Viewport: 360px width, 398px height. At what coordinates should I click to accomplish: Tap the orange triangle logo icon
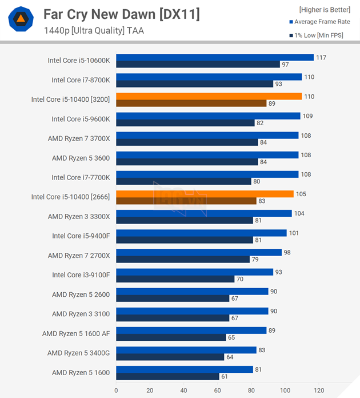tap(21, 19)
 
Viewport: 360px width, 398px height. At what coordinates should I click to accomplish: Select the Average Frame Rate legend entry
tap(322, 22)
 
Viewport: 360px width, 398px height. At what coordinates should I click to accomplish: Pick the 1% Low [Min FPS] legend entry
tap(322, 35)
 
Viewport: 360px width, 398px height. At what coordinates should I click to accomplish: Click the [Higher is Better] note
tap(324, 10)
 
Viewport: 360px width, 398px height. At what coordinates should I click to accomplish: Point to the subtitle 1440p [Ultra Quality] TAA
tap(94, 31)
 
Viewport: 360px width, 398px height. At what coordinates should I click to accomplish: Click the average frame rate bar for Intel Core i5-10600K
tap(215, 57)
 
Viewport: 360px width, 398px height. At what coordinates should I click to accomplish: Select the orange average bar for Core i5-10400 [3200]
tap(209, 96)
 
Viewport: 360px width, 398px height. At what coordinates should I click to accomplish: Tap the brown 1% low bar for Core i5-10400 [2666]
tap(186, 201)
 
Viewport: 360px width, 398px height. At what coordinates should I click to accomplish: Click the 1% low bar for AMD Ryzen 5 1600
tap(167, 376)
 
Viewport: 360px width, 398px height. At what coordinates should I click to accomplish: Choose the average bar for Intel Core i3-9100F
tap(194, 272)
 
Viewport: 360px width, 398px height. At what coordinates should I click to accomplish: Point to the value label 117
tap(322, 57)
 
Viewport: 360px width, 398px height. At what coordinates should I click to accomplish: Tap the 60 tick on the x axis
tap(217, 391)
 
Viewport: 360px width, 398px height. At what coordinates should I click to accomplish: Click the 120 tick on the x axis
tap(318, 391)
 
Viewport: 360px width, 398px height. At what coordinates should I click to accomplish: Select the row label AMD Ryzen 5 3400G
tap(79, 353)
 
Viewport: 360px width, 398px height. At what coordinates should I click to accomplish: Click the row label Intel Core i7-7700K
tap(81, 177)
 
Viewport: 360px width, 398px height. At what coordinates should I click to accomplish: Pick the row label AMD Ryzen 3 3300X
tap(79, 216)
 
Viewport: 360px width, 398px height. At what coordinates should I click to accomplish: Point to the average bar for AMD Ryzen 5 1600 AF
tap(191, 330)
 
